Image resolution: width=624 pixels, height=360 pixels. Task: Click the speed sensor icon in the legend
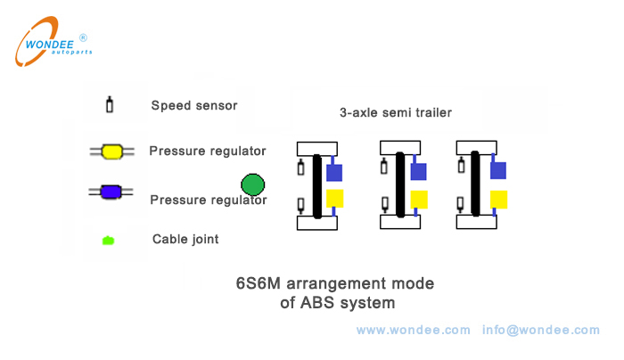pos(110,104)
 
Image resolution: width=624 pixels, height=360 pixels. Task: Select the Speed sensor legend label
pos(193,105)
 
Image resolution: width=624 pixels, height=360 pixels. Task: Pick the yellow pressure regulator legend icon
pos(111,151)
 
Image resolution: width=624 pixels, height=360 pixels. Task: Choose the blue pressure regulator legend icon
pos(111,191)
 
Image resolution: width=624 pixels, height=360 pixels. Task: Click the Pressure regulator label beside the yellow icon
pos(208,151)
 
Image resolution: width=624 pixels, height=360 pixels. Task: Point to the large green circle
pos(253,185)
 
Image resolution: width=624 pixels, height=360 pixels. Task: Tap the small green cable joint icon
pos(109,240)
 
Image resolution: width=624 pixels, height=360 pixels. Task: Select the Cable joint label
pos(185,239)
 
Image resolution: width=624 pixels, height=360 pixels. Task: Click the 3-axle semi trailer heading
pos(395,113)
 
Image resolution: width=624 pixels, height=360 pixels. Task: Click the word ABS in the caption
pos(327,303)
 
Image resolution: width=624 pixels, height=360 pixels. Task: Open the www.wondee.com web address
pos(413,330)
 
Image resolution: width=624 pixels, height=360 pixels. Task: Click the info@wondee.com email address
pos(541,330)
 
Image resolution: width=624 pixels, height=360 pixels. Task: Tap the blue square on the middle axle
pos(419,171)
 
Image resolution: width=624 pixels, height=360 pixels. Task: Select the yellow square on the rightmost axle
pos(498,199)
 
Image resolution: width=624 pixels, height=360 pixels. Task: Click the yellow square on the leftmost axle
pos(334,199)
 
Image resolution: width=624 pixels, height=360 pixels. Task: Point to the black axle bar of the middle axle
pos(401,184)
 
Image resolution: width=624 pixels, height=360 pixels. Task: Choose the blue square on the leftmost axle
pos(334,172)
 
